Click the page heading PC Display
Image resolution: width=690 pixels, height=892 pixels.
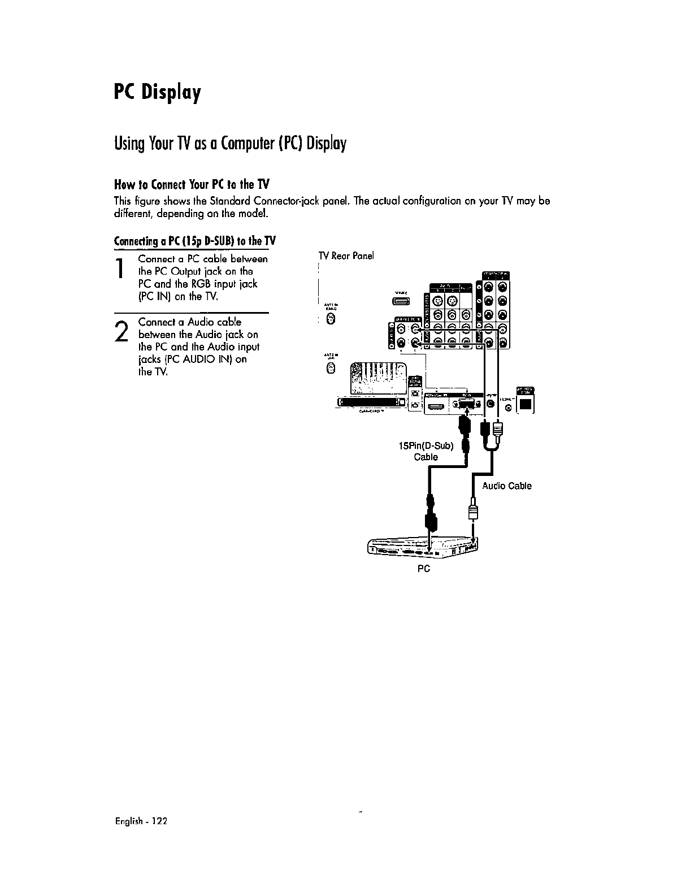pyautogui.click(x=157, y=91)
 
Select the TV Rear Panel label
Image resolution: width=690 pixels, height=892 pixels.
pyautogui.click(x=346, y=256)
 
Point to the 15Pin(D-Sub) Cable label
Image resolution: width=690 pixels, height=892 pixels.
pyautogui.click(x=426, y=451)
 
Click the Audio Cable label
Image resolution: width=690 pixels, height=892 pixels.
pyautogui.click(x=506, y=486)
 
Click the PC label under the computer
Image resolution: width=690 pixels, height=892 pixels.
pyautogui.click(x=423, y=569)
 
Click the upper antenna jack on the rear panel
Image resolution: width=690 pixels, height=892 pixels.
pyautogui.click(x=332, y=322)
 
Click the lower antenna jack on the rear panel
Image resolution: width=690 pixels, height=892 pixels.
pyautogui.click(x=332, y=369)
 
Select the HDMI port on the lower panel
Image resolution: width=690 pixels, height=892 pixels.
pyautogui.click(x=436, y=405)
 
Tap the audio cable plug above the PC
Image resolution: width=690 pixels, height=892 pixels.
pyautogui.click(x=474, y=512)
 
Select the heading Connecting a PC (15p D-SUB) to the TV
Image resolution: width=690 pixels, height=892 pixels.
pyautogui.click(x=194, y=241)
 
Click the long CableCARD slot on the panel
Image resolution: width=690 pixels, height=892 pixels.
pyautogui.click(x=370, y=402)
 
